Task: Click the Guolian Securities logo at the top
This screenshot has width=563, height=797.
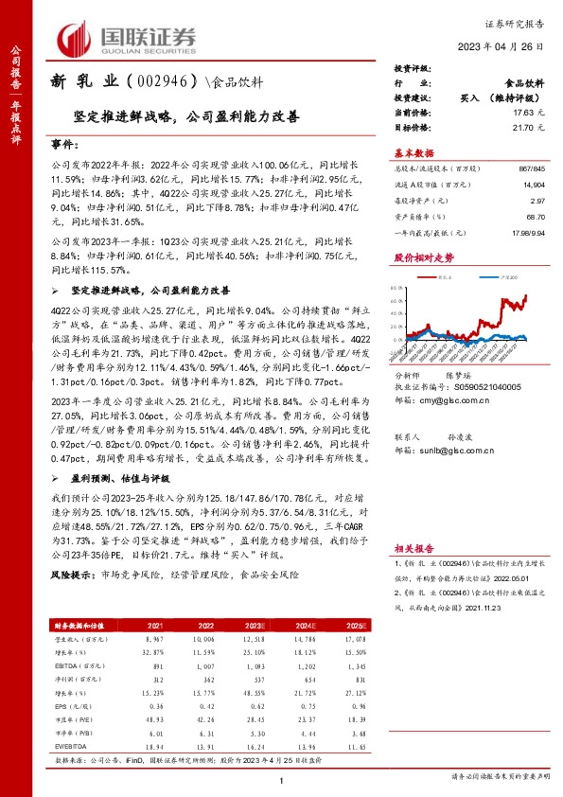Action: coord(128,38)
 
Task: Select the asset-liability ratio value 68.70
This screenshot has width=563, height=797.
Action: coord(533,216)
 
